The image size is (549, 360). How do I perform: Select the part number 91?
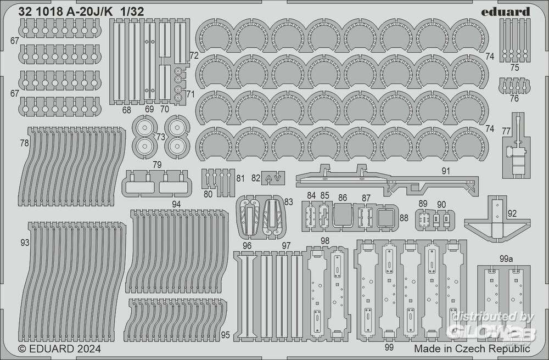coord(445,171)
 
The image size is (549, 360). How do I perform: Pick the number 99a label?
coord(506,258)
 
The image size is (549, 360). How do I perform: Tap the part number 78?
coord(24,143)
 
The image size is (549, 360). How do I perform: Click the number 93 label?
coord(24,243)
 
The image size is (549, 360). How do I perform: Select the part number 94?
coord(176,204)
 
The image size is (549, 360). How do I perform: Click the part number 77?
coord(506,131)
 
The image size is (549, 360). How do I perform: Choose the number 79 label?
coord(157,165)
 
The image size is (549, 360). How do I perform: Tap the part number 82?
coord(256,178)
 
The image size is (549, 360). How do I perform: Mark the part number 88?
coord(404,218)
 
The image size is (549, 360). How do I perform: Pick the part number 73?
coord(160,136)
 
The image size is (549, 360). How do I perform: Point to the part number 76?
coord(514,99)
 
